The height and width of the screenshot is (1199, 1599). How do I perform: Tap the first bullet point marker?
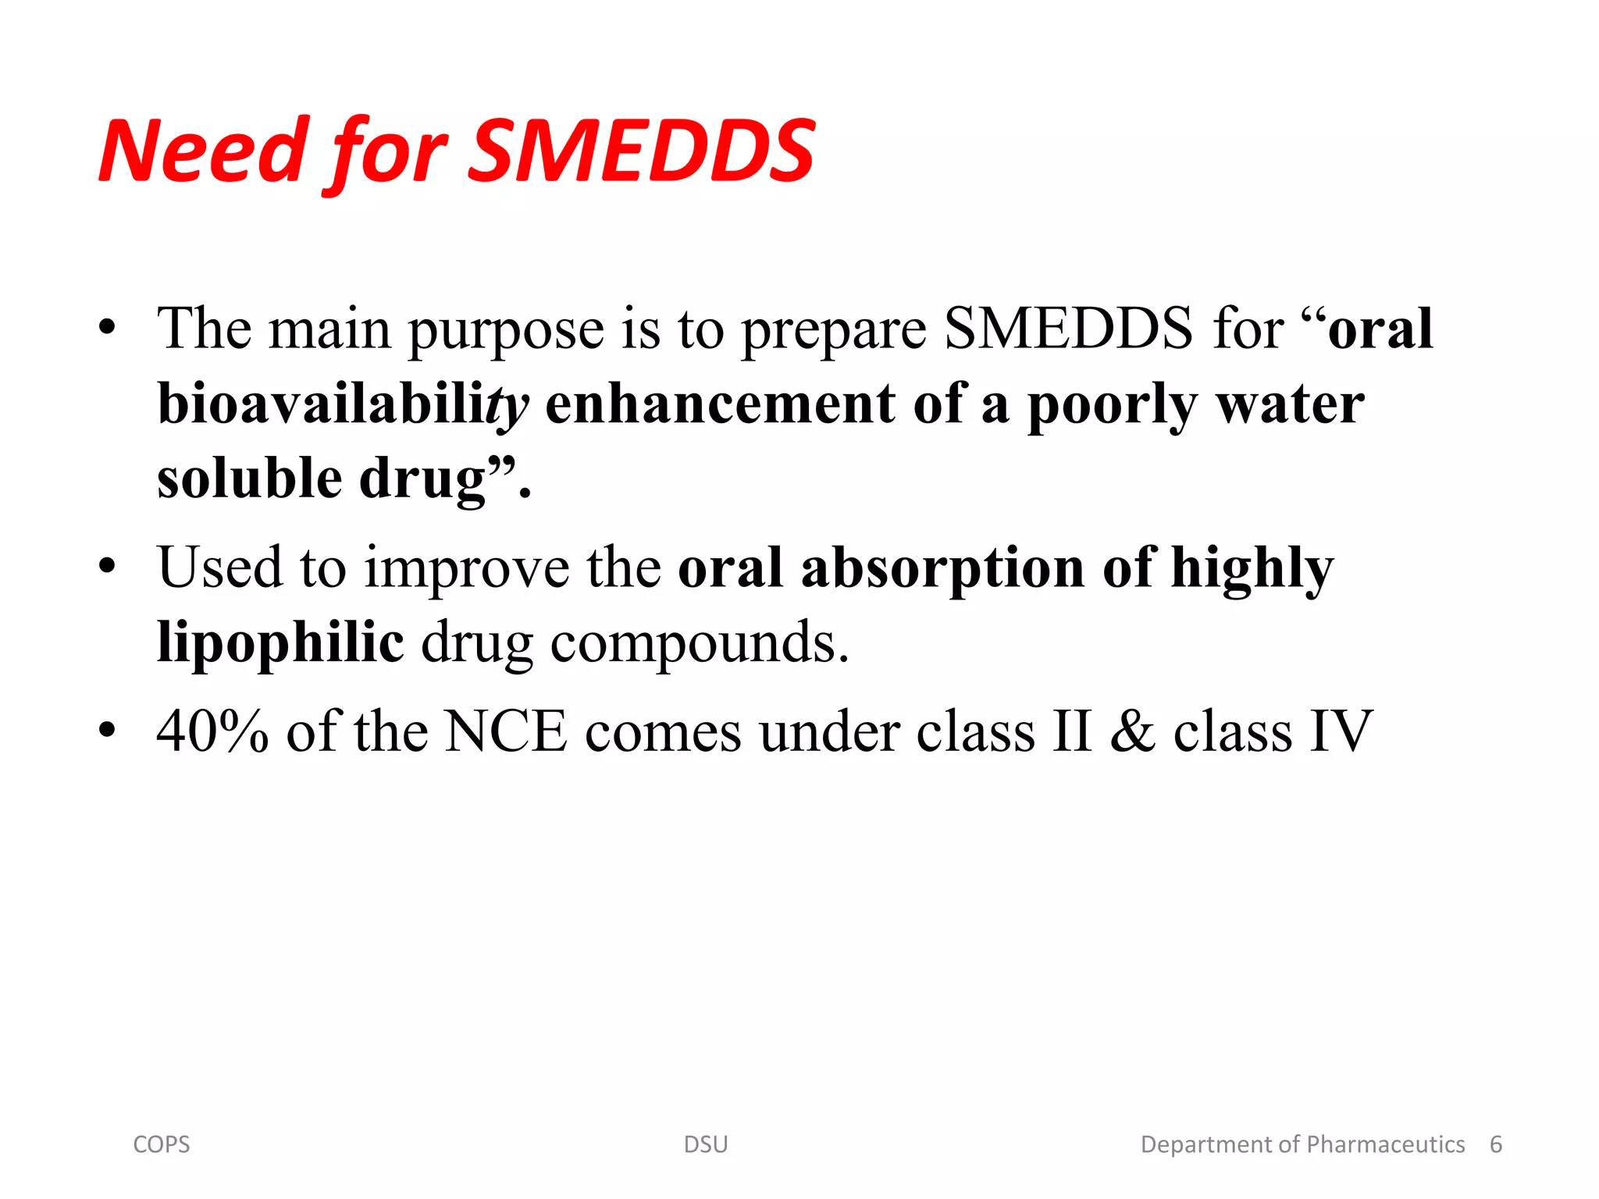(108, 328)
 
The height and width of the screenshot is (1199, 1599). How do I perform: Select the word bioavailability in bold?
(342, 405)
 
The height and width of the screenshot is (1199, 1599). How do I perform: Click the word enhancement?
(720, 405)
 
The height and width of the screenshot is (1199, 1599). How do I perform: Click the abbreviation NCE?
(505, 731)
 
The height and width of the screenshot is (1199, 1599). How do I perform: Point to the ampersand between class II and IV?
(1132, 731)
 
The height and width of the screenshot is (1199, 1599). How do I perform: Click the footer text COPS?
(162, 1144)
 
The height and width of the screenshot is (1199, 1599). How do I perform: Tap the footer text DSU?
(706, 1144)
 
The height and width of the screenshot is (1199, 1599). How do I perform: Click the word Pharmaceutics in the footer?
(1385, 1144)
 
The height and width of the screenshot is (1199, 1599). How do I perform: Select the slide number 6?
(1496, 1144)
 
